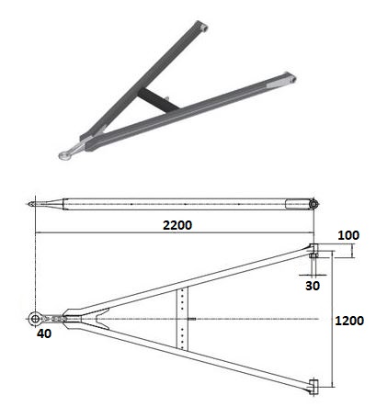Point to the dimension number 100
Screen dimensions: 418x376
tap(348, 236)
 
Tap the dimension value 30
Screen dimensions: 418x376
tap(314, 285)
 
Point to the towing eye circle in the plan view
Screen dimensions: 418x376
tap(35, 318)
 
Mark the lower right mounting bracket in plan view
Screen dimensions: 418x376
tap(314, 386)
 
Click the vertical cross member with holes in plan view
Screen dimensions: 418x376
tap(186, 318)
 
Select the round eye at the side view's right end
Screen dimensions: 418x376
tap(313, 203)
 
